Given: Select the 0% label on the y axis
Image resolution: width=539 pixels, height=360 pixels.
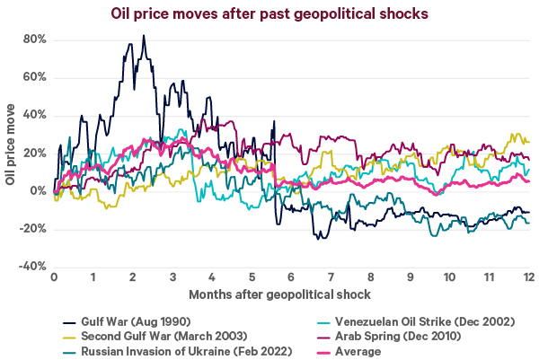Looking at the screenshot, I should (38, 190).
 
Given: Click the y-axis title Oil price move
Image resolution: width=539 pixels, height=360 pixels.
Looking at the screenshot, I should (10, 153).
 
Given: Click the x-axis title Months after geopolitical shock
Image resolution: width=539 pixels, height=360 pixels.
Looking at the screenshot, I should (292, 294).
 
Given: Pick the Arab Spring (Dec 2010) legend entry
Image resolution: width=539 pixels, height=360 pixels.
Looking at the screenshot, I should (392, 337).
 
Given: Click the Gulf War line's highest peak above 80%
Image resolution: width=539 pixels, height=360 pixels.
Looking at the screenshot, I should (144, 36).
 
